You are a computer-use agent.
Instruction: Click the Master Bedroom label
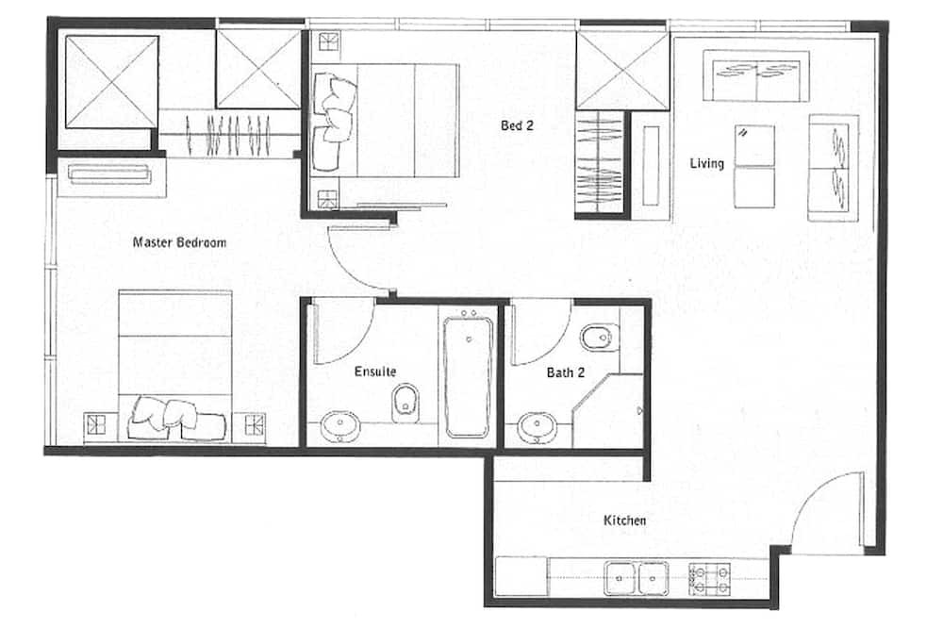[x=179, y=242]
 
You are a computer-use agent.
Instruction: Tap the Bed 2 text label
[x=517, y=125]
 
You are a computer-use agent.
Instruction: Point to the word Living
[x=706, y=164]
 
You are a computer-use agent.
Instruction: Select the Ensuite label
[x=375, y=372]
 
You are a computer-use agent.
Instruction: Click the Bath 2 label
[x=565, y=373]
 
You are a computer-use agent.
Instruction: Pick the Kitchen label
[x=625, y=521]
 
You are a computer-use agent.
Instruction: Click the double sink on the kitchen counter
[x=637, y=578]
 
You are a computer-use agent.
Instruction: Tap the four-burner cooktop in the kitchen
[x=710, y=579]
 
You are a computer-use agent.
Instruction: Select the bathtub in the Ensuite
[x=468, y=376]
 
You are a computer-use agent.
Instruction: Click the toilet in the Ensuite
[x=405, y=403]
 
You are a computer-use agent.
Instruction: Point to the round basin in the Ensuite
[x=339, y=426]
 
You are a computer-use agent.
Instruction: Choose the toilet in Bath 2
[x=600, y=338]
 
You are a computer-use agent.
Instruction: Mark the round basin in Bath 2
[x=537, y=427]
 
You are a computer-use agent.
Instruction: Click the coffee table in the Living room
[x=754, y=167]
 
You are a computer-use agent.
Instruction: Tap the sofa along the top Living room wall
[x=756, y=76]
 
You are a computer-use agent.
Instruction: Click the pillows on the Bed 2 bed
[x=334, y=121]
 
